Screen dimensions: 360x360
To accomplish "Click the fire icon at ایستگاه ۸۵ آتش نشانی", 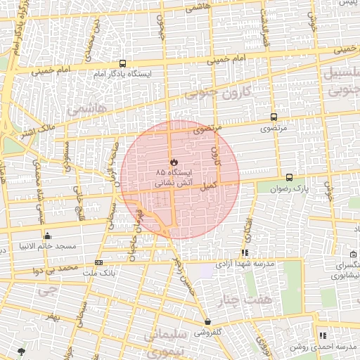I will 174,162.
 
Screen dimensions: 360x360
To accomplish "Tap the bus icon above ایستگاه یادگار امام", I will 123,63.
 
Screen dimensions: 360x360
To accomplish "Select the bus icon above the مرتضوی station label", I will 274,117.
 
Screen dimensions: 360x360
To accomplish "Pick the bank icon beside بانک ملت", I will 98,262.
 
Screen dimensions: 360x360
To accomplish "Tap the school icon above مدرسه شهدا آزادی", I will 245,252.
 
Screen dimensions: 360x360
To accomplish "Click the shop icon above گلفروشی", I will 209,321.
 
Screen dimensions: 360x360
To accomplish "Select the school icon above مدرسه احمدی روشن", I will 323,336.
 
